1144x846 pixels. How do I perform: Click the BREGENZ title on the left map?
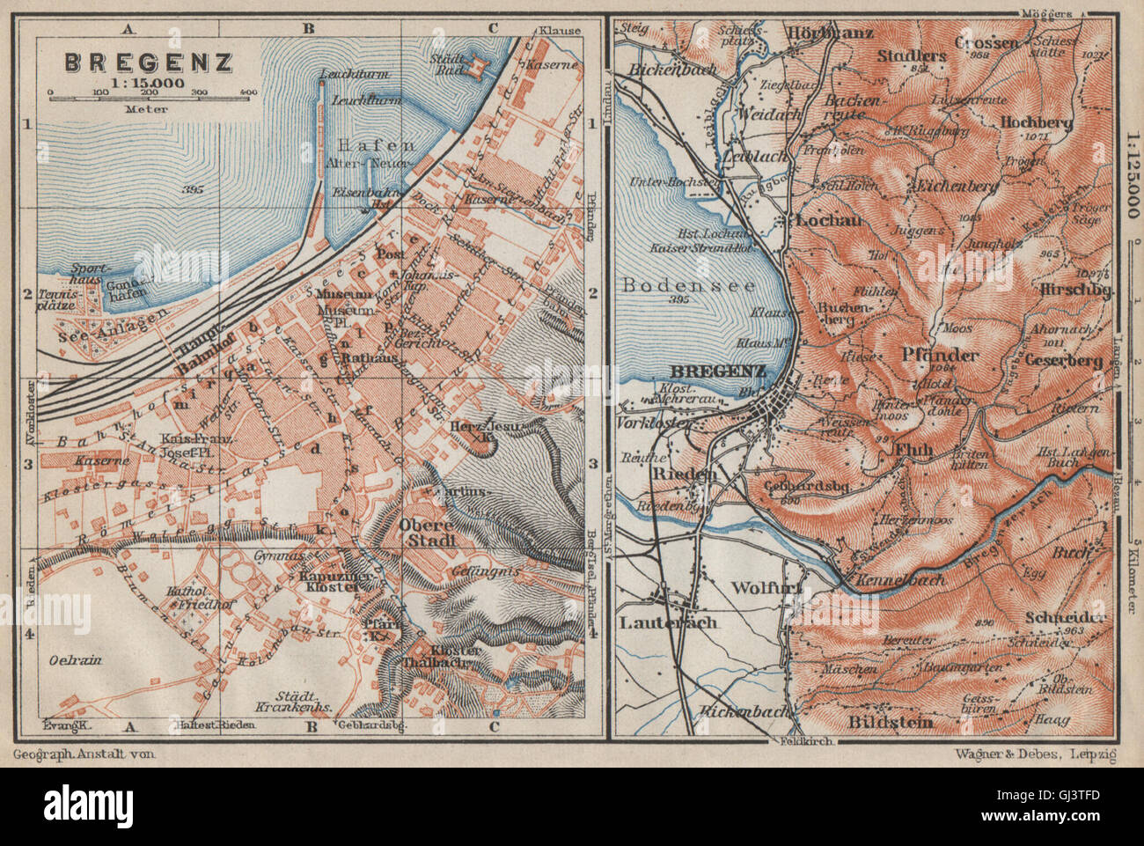[x=147, y=63]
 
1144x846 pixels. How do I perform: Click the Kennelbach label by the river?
[x=891, y=579]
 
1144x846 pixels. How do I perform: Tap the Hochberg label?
[x=1036, y=123]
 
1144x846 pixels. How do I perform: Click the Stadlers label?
[x=912, y=55]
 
